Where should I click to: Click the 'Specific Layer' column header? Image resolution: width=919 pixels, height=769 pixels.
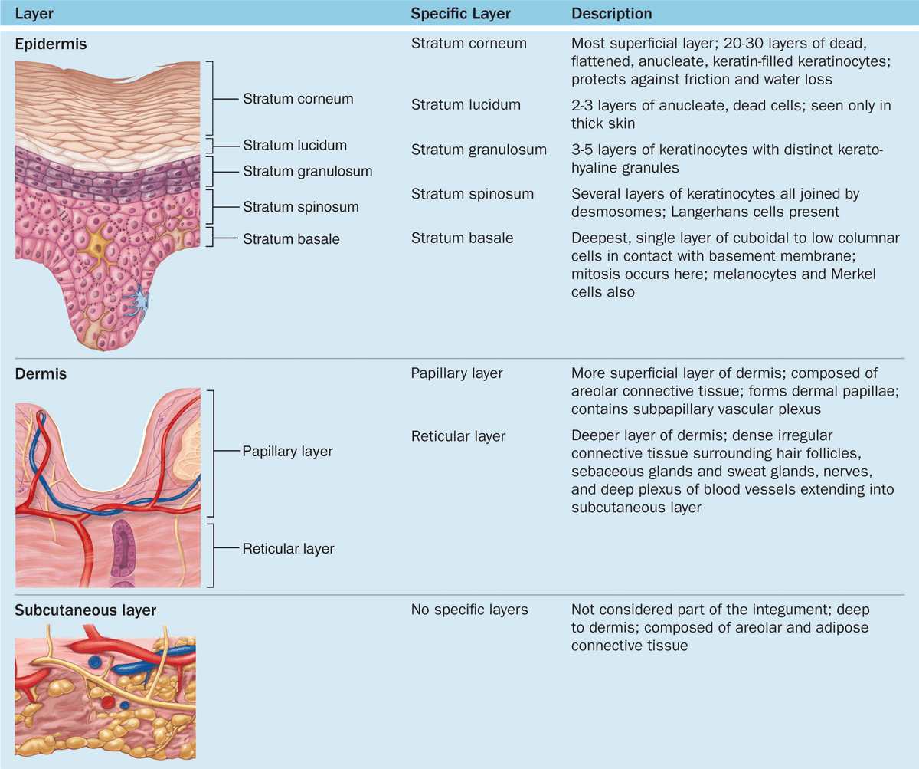coord(460,14)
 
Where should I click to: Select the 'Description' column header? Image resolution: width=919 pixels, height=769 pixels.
coord(611,14)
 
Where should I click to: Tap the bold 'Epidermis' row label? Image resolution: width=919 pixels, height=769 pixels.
coord(51,44)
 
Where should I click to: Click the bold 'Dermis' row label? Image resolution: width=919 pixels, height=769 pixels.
coord(41,373)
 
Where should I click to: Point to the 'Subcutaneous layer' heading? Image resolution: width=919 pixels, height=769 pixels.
coord(85,610)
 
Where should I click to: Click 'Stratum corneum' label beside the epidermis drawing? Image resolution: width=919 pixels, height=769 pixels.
coord(298,99)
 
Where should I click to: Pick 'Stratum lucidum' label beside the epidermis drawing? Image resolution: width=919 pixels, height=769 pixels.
coord(295,145)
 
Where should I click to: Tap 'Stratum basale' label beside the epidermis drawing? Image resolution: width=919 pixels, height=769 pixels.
coord(291,239)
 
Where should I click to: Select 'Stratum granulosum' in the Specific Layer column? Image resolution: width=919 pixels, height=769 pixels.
coord(479,150)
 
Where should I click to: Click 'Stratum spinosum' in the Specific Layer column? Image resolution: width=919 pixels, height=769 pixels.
coord(473,194)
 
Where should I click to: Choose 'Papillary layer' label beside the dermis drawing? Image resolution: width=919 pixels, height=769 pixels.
coord(287,452)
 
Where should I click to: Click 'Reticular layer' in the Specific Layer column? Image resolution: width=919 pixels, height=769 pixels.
coord(458,436)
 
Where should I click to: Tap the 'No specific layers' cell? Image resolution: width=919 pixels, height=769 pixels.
coord(469,610)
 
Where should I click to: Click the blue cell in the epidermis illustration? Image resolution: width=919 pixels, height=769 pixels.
coord(139,300)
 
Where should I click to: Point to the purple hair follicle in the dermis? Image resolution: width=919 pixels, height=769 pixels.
coord(123,553)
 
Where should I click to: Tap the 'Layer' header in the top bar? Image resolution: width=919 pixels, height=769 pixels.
coord(34,14)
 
